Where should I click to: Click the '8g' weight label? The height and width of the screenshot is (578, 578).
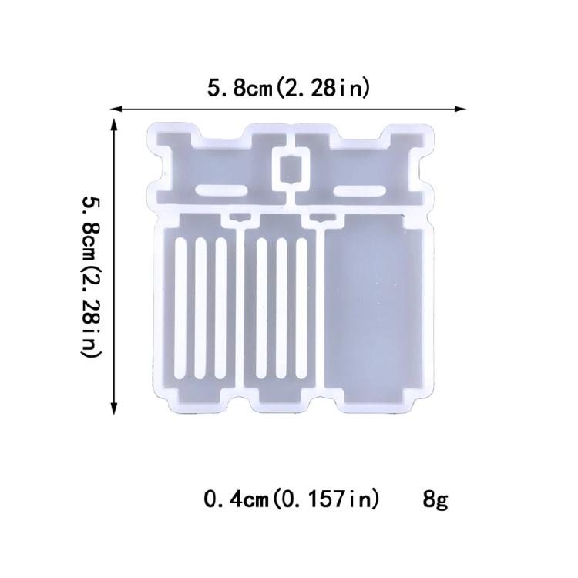[x=435, y=500]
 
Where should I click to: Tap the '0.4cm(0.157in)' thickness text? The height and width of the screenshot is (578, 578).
[x=291, y=500]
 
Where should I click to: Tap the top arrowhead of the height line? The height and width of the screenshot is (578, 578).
[x=115, y=124]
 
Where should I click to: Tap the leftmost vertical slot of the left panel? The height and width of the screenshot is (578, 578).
[x=182, y=307]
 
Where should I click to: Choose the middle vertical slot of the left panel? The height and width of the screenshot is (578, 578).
[x=200, y=307]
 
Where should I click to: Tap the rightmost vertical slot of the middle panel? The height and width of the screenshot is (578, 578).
[x=301, y=307]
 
